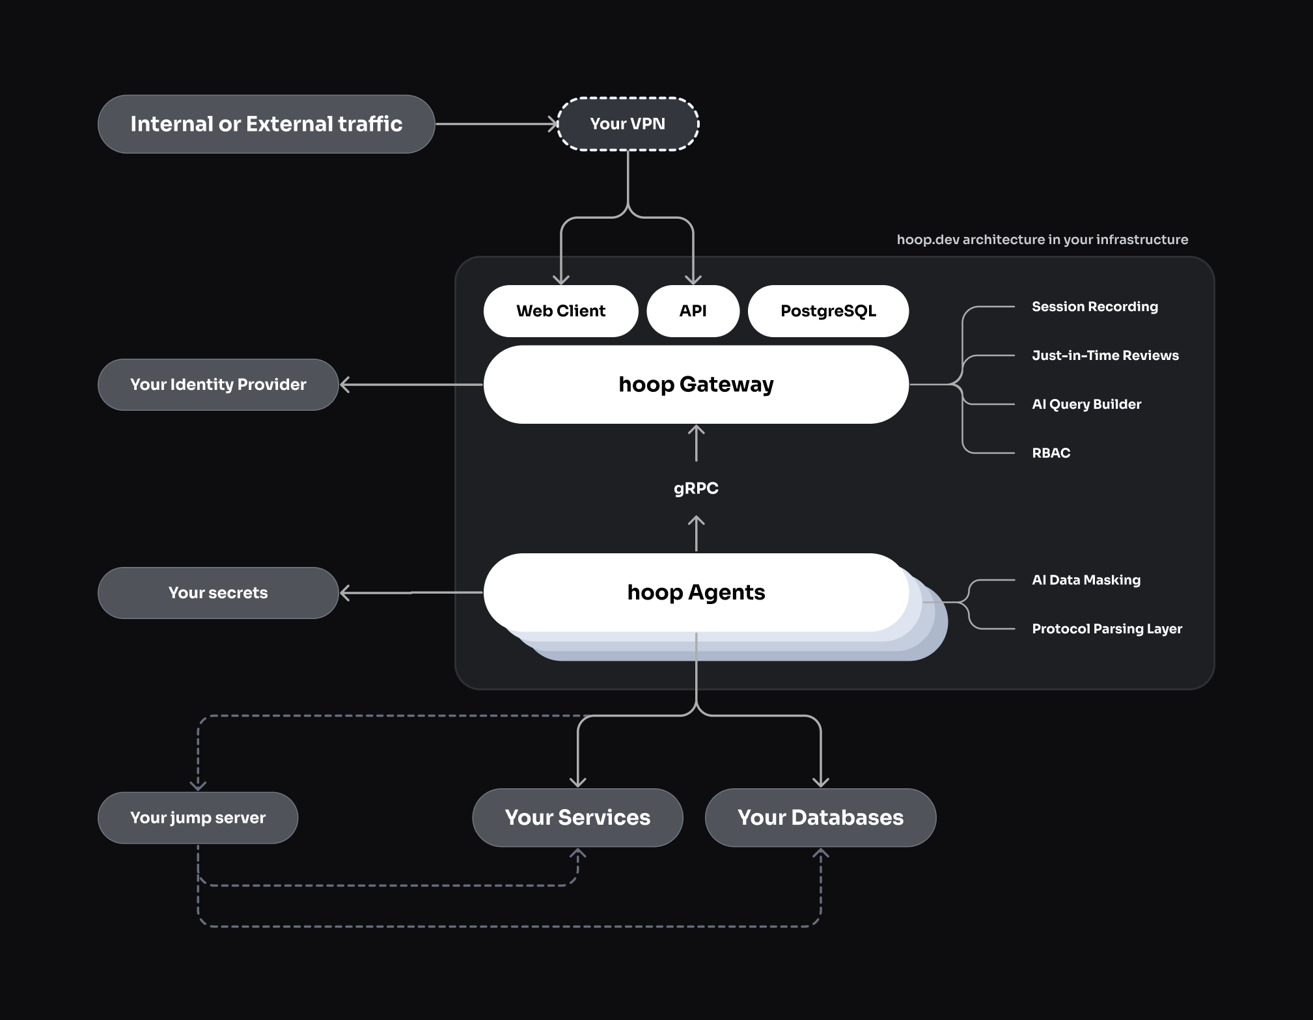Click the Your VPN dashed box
pyautogui.click(x=628, y=124)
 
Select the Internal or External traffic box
pyautogui.click(x=266, y=124)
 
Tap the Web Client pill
pyautogui.click(x=560, y=311)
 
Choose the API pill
pyautogui.click(x=693, y=311)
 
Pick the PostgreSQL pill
pyautogui.click(x=828, y=311)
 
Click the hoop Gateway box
pyautogui.click(x=696, y=385)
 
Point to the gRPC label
pyautogui.click(x=696, y=488)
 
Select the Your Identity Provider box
pyautogui.click(x=218, y=385)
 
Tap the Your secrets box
pyautogui.click(x=218, y=593)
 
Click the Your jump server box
pyautogui.click(x=198, y=818)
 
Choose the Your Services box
pyautogui.click(x=577, y=818)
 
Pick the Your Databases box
pyautogui.click(x=820, y=818)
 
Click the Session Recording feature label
pyautogui.click(x=1095, y=307)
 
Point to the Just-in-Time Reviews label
pyautogui.click(x=1105, y=355)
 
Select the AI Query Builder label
pyautogui.click(x=1086, y=404)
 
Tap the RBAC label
pyautogui.click(x=1051, y=453)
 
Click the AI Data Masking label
pyautogui.click(x=1086, y=580)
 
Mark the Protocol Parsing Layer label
pyautogui.click(x=1107, y=629)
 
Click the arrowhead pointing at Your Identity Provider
pyautogui.click(x=345, y=385)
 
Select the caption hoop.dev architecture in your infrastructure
pyautogui.click(x=1042, y=240)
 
